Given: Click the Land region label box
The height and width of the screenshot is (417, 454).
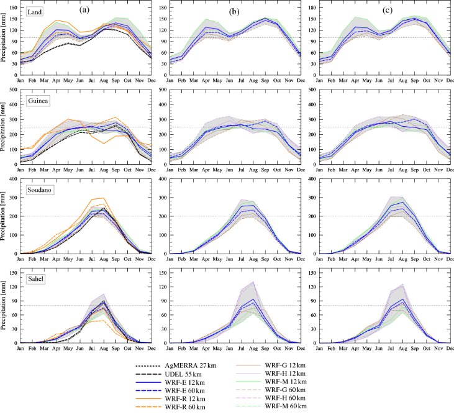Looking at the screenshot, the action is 34,12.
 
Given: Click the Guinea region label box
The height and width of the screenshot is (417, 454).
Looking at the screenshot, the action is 38,101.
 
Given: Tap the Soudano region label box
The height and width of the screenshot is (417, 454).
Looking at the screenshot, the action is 39,190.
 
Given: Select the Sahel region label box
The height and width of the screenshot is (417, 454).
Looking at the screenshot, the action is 35,279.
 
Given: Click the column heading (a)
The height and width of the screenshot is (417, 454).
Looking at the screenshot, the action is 84,10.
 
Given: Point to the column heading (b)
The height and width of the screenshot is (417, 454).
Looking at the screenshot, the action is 234,12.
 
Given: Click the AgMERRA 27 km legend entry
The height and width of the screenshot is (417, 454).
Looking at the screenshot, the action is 176,365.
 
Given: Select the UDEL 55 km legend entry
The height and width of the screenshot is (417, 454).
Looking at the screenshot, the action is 168,374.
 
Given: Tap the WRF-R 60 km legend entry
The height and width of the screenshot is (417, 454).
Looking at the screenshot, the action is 170,407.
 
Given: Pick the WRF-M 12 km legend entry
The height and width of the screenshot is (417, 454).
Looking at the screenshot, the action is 271,382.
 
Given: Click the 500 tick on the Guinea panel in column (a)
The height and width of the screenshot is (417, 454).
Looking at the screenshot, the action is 13,89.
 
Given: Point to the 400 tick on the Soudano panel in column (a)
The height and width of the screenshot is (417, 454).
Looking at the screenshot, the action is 13,179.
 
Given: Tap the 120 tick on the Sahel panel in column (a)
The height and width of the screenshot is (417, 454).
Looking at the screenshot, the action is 13,286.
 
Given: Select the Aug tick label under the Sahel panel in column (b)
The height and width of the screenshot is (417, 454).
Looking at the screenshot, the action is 253,348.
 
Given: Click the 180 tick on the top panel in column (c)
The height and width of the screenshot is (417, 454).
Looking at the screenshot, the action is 312,7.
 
